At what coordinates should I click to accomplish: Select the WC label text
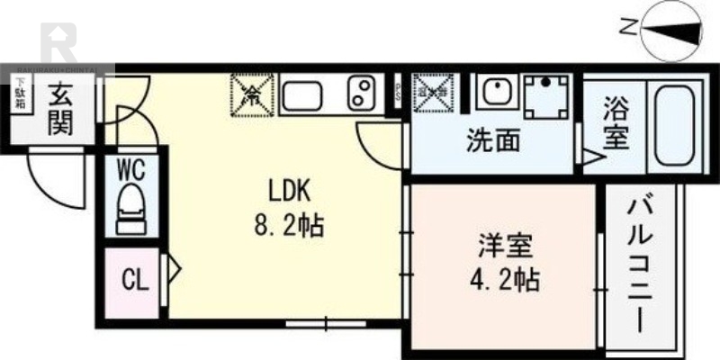click(x=133, y=168)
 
